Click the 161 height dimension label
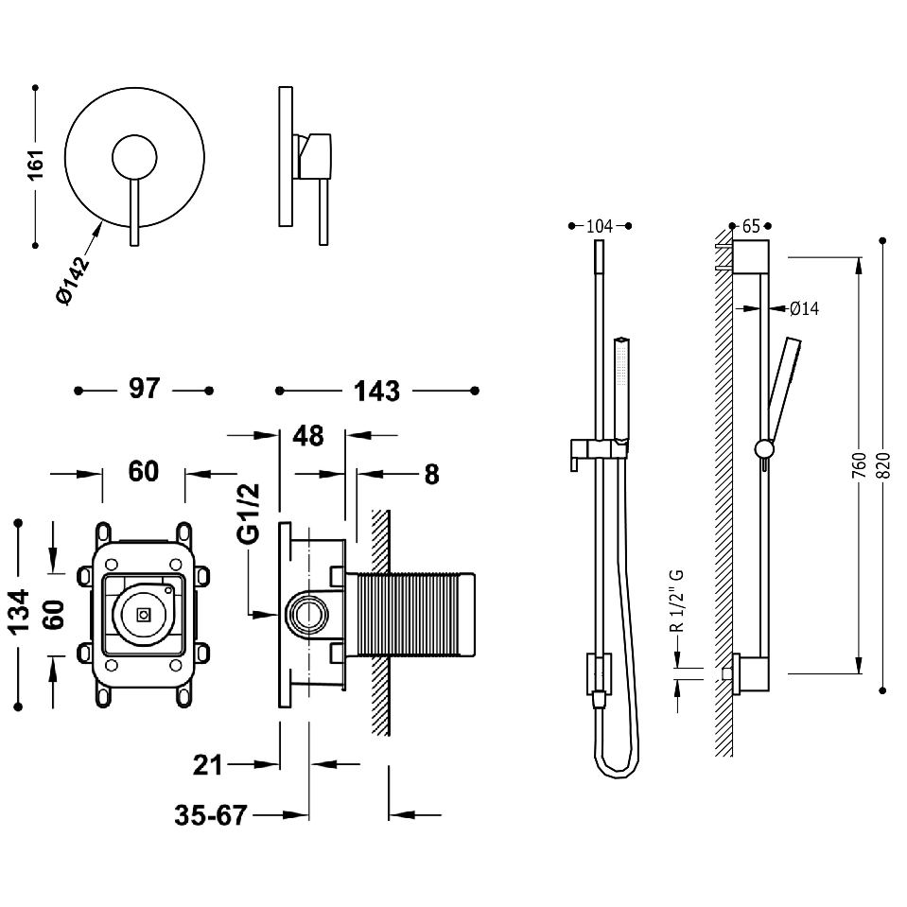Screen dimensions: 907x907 click(x=36, y=165)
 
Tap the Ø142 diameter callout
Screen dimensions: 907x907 click(x=73, y=281)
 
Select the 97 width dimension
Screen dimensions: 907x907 click(x=144, y=388)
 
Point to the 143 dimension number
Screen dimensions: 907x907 click(x=376, y=391)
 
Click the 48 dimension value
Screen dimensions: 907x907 click(x=307, y=436)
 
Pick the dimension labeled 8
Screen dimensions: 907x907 click(x=431, y=475)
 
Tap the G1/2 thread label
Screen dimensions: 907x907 click(x=249, y=514)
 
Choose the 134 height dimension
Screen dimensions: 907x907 click(x=19, y=612)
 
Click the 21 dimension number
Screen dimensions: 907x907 click(x=208, y=765)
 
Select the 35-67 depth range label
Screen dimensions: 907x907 click(x=211, y=815)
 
